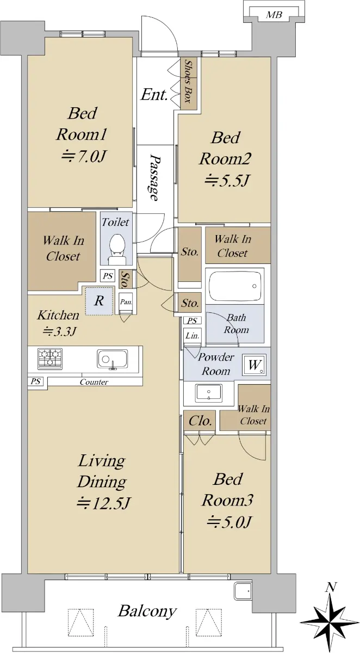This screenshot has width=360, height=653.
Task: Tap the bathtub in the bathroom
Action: (235, 286)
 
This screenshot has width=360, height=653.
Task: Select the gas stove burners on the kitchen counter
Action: (50, 358)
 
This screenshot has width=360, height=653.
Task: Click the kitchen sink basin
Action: (112, 359)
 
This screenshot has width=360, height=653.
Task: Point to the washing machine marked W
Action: (254, 365)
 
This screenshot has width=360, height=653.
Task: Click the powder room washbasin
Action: (209, 393)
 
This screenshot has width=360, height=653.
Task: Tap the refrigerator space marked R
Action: (99, 301)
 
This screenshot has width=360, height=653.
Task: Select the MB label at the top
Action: (274, 15)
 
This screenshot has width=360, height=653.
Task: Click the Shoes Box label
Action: (189, 81)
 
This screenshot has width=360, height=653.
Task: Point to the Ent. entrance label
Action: (154, 95)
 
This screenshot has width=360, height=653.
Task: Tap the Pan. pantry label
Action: (126, 301)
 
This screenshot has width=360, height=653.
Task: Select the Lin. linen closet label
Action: (193, 336)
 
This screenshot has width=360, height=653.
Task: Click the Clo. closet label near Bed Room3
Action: (200, 421)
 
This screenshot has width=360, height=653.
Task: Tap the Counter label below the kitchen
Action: (94, 381)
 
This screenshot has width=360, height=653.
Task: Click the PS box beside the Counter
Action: (35, 381)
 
